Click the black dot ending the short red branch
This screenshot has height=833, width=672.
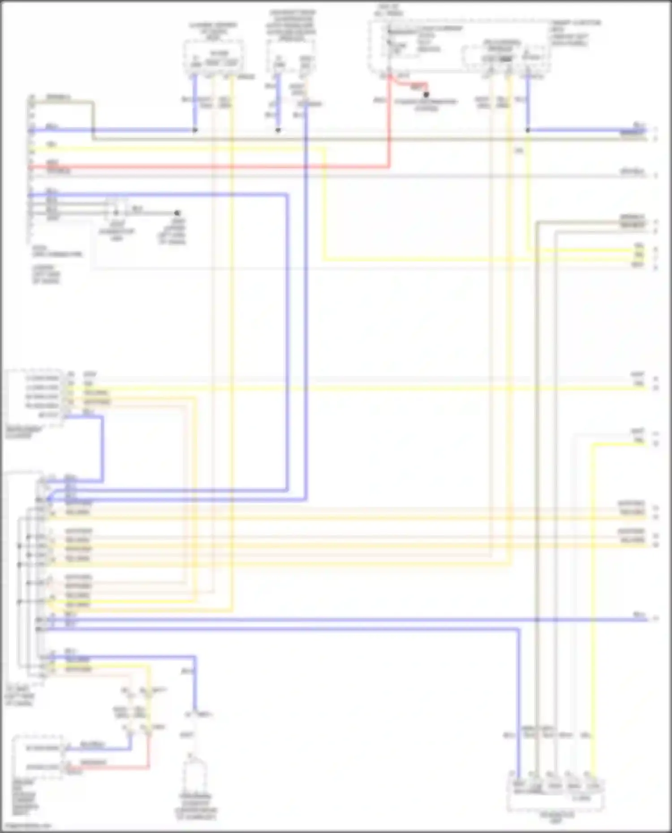point(426,94)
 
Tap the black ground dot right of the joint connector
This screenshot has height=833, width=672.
point(177,213)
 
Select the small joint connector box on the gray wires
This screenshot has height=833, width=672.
point(116,209)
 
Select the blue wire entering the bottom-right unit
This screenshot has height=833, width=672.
point(518,716)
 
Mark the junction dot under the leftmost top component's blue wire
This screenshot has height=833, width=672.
point(195,130)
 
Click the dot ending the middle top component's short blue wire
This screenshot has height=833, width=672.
point(278,130)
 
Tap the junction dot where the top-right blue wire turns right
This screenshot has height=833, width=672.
point(528,130)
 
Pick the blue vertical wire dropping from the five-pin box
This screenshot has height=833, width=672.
point(102,448)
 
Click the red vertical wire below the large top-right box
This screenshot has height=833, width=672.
point(389,125)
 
